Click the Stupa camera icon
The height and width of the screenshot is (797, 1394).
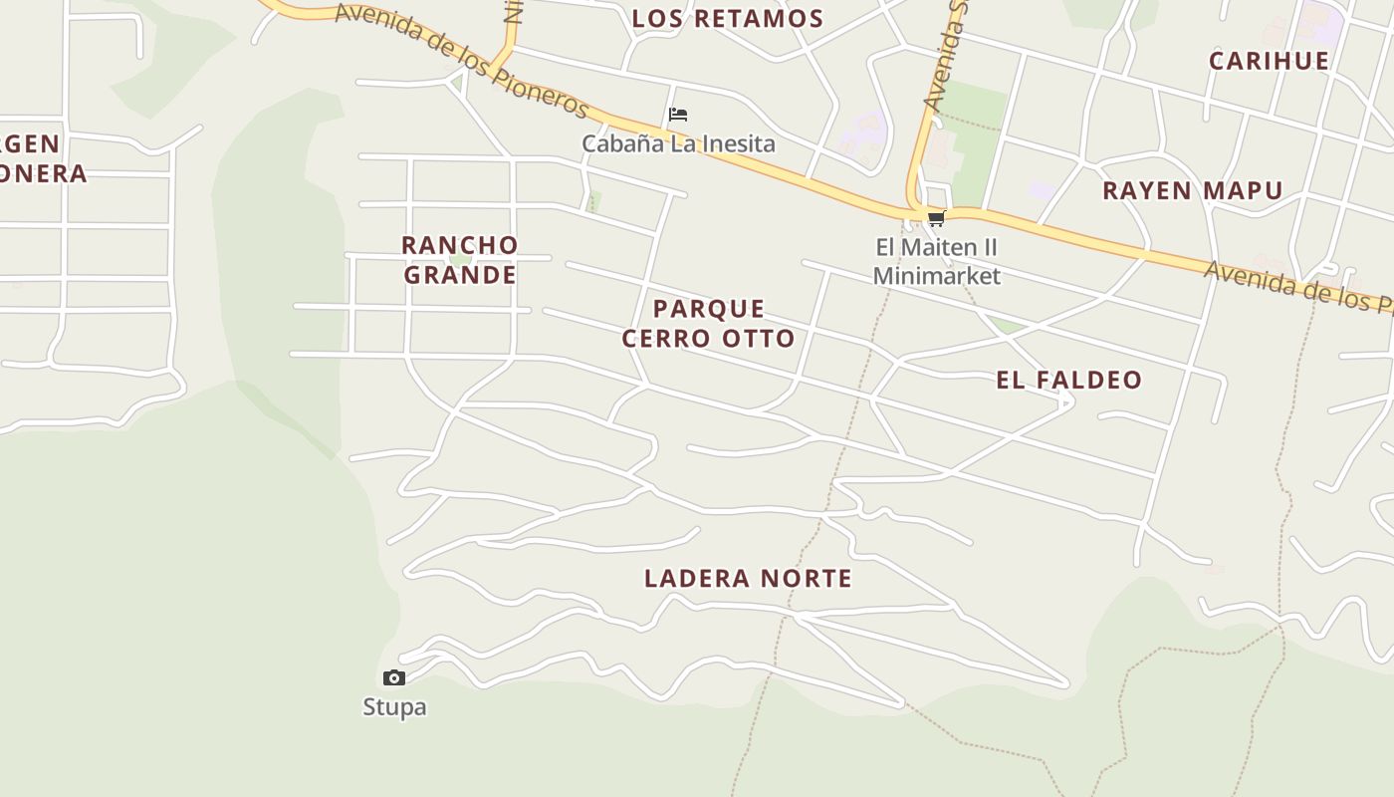point(394,678)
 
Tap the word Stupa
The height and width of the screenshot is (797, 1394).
point(394,707)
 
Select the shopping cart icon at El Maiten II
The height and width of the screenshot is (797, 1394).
point(935,219)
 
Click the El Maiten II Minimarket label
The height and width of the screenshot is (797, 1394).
point(936,261)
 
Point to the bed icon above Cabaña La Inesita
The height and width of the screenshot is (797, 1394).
point(678,115)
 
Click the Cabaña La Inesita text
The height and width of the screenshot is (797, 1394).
point(678,143)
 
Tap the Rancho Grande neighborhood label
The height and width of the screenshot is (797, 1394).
point(460,259)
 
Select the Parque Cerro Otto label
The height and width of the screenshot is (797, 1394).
point(708,323)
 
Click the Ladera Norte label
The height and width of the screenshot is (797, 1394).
point(748,578)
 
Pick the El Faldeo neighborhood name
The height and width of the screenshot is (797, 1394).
point(1068,380)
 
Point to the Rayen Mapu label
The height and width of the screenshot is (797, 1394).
point(1192,190)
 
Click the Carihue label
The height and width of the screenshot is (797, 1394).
point(1269,61)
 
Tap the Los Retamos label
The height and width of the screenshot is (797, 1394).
point(728,18)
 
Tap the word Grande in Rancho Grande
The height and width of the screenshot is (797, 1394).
point(460,274)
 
